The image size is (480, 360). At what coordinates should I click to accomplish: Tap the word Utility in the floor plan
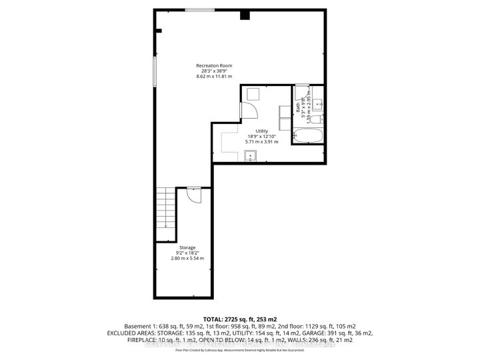[252, 130]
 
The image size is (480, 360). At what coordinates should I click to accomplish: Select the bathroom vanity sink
[317, 104]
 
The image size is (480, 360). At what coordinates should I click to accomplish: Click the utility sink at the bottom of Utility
[252, 157]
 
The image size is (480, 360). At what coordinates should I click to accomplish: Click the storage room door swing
[193, 195]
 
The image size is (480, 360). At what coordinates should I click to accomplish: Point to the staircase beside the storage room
[164, 207]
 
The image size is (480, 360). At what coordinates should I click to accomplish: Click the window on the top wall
[200, 9]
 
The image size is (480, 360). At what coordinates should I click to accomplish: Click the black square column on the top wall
[245, 14]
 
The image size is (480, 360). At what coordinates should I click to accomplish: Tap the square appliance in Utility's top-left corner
[253, 94]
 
